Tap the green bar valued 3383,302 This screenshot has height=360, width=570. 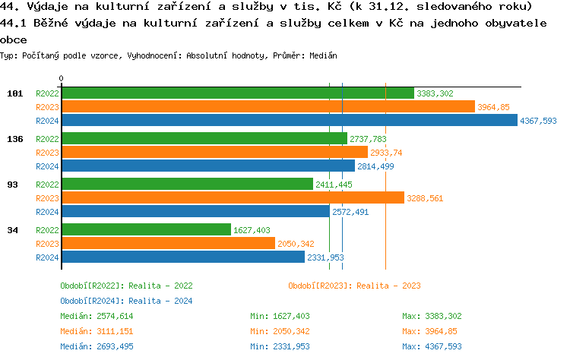[x=237, y=93]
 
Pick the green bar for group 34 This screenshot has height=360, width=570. [x=146, y=229]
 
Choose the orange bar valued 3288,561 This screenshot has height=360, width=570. [x=233, y=198]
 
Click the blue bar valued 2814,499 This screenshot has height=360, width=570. [x=207, y=166]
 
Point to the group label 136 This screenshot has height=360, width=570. [x=14, y=139]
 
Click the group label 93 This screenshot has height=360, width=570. [x=14, y=185]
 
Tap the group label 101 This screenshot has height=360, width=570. [x=14, y=93]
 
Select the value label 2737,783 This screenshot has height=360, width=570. [x=368, y=140]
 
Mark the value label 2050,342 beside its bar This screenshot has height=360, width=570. [x=296, y=244]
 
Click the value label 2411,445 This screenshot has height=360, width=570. [x=334, y=185]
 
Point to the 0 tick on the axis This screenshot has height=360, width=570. [x=61, y=78]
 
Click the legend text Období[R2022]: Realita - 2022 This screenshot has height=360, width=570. [x=126, y=286]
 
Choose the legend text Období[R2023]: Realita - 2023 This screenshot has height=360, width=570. [x=354, y=286]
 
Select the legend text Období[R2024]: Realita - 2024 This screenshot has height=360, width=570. [x=126, y=301]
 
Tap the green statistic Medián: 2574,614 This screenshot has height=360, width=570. [x=97, y=316]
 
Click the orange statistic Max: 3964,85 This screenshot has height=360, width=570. [x=429, y=331]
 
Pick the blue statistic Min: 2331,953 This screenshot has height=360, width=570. [x=280, y=346]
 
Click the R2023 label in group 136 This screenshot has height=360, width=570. [x=47, y=153]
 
